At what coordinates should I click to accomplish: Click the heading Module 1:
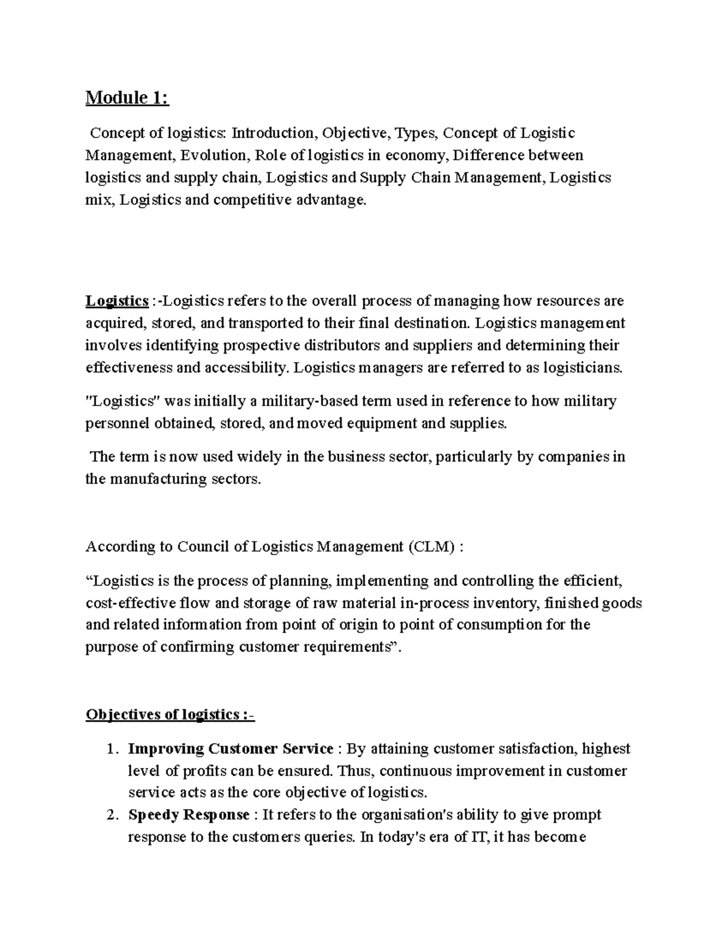pos(127,98)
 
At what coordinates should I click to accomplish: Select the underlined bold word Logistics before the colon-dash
pos(117,301)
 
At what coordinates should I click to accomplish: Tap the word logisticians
pos(582,368)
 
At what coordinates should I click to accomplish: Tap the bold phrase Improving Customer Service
pos(231,749)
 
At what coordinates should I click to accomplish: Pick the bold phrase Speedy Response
pos(189,815)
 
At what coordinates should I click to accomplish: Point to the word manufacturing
pos(157,479)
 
